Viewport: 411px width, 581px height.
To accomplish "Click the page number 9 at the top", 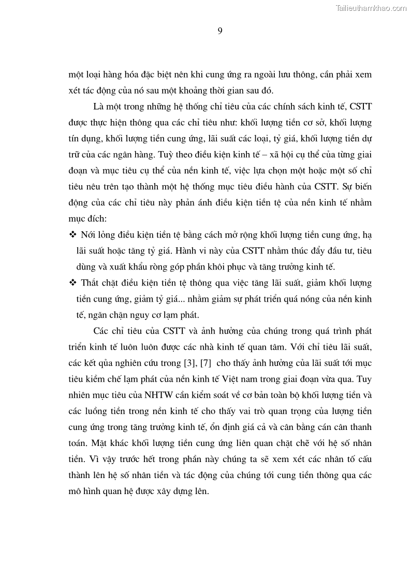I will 219,31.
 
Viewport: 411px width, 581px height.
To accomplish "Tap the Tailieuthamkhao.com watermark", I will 371,8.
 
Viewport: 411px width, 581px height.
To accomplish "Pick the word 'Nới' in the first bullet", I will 89,235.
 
